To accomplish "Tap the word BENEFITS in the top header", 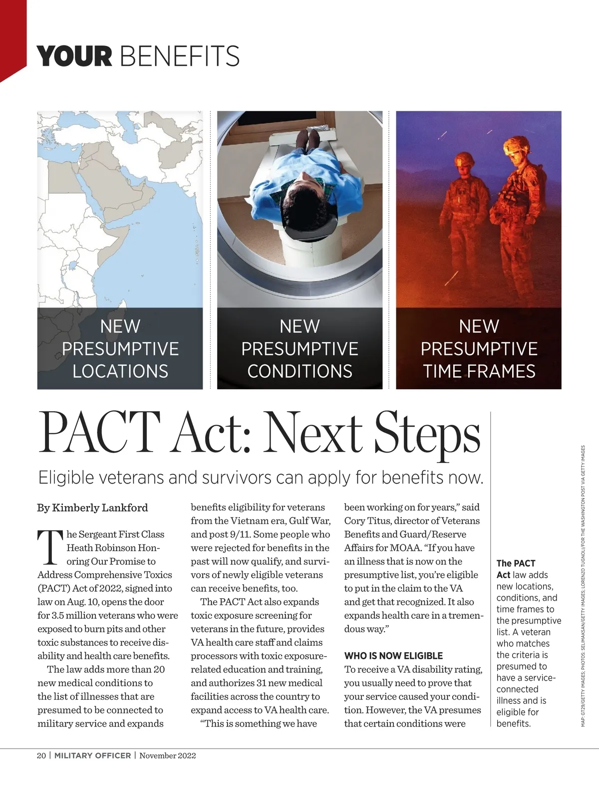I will [x=180, y=56].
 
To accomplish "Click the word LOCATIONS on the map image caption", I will [x=120, y=371].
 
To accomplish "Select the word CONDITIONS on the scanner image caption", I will [x=299, y=371].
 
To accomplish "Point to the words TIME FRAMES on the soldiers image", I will [x=479, y=371].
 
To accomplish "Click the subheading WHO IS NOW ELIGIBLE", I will [x=393, y=656].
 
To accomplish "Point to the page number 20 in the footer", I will [x=41, y=756].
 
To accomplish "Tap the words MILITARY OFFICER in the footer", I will [x=92, y=756].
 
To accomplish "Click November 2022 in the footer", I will [x=168, y=756].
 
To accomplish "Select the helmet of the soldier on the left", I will [x=464, y=160].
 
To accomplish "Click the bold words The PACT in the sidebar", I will [x=516, y=563].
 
